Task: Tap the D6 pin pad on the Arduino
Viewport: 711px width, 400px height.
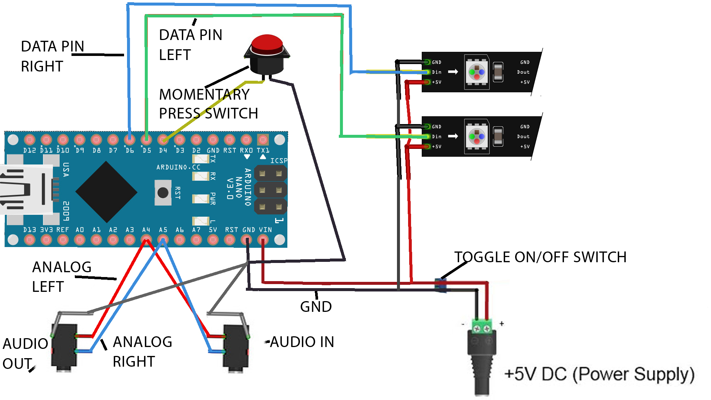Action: (129, 140)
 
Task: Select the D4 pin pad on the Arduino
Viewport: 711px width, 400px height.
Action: (163, 140)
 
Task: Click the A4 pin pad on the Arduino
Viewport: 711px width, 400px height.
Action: (146, 240)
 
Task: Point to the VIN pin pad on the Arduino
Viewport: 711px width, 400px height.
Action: (263, 240)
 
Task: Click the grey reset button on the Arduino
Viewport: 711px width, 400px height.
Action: (163, 193)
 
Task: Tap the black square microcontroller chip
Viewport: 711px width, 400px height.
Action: (106, 192)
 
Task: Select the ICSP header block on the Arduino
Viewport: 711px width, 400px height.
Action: (270, 190)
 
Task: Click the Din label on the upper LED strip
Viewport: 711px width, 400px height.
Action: (437, 72)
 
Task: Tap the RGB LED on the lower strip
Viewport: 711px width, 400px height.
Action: (477, 136)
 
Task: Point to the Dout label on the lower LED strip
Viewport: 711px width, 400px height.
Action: (523, 137)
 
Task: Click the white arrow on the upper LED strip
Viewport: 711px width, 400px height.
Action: (453, 72)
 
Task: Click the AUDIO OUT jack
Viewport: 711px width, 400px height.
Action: (65, 346)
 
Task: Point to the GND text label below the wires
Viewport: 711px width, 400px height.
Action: (316, 307)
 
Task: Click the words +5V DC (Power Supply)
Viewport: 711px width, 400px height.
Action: (599, 374)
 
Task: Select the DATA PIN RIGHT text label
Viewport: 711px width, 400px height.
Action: (52, 56)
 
